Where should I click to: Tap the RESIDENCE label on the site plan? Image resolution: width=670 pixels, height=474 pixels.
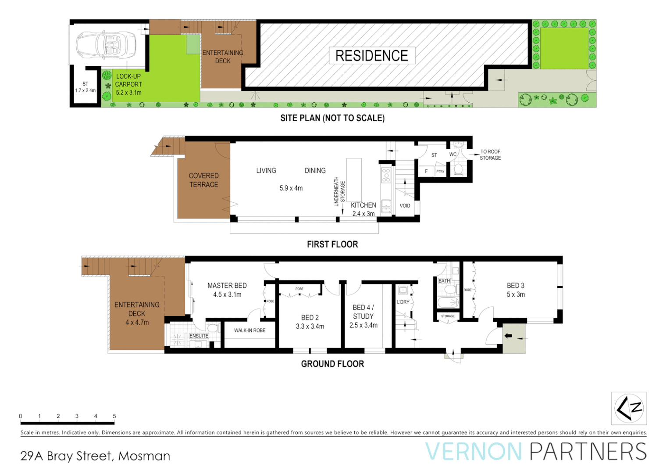coord(371,56)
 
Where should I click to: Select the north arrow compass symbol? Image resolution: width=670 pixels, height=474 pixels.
coord(629,409)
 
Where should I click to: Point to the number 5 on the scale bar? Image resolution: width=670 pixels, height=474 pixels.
coord(114,416)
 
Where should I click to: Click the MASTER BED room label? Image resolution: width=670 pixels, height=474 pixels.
coord(227,286)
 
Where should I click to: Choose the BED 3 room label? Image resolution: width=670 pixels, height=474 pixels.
coord(516,286)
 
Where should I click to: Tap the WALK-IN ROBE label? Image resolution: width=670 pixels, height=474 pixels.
coord(249,330)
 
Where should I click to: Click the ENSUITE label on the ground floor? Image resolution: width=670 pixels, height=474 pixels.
coord(199,336)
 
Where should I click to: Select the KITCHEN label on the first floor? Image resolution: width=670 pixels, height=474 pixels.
coord(363,205)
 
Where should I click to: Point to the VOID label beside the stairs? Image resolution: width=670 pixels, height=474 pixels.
coord(405,206)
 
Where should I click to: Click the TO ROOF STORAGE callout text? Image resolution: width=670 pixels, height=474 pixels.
coord(490,155)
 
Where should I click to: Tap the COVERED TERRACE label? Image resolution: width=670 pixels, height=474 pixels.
coord(203,180)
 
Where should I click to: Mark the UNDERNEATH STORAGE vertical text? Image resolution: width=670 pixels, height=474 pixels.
coord(339,191)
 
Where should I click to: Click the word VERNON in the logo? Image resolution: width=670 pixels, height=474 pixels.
coord(474,452)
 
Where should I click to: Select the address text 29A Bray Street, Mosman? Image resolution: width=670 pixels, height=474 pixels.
coord(95,456)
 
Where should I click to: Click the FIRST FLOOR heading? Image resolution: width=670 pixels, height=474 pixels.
coord(332,244)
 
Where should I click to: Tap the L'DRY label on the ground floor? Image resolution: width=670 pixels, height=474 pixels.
coord(403,302)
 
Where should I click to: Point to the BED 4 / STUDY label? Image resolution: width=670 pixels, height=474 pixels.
coord(363,316)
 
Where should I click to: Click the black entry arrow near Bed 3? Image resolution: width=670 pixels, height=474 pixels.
coord(508,336)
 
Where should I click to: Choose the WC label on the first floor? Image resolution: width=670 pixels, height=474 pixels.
coord(453,154)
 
